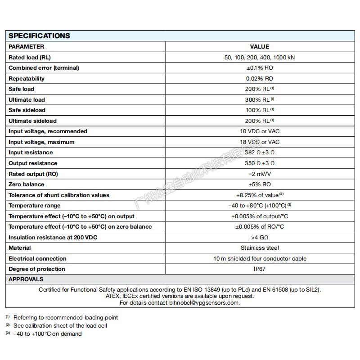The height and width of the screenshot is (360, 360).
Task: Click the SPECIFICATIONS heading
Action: click(40, 36)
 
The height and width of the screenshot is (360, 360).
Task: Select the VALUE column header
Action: click(260, 46)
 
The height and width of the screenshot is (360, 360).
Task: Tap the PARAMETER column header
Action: click(27, 46)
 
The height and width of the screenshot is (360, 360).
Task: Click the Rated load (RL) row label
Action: click(30, 57)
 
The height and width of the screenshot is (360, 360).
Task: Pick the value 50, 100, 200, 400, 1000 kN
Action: click(260, 57)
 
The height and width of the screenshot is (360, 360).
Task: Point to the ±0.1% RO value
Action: click(260, 68)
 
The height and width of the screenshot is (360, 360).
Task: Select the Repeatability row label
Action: click(27, 78)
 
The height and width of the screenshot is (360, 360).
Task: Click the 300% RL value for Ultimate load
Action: click(260, 99)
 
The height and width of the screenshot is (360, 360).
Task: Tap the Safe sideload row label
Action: click(27, 110)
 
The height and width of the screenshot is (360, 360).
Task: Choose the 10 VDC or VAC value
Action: click(260, 131)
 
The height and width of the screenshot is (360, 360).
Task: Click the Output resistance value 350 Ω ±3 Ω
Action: click(260, 163)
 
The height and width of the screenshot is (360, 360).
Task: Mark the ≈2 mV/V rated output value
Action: click(260, 174)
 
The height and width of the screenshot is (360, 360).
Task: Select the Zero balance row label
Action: click(27, 184)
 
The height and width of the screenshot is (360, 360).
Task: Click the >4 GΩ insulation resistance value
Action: click(260, 237)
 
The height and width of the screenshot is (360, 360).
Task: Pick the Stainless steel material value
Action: click(260, 248)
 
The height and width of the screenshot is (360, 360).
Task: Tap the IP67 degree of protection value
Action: click(260, 269)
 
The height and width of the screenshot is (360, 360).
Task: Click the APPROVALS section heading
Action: click(26, 279)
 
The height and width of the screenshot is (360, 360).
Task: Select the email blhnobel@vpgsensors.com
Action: click(204, 303)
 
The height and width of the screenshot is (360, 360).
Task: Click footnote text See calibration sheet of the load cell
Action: click(60, 325)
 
